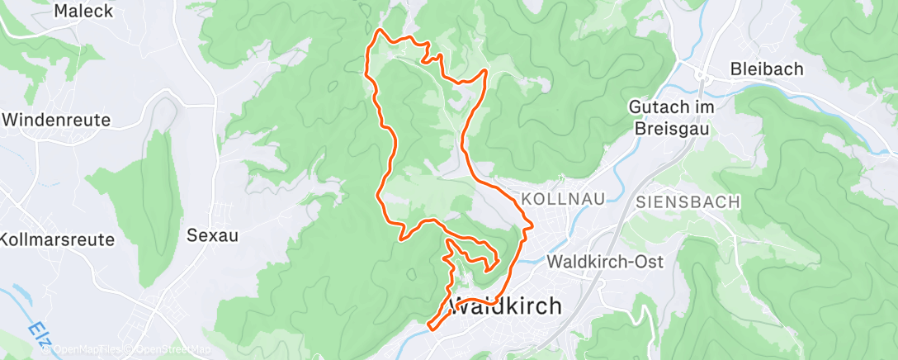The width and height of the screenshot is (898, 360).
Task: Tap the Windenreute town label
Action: point(56,120)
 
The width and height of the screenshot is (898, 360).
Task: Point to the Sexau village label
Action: point(212,235)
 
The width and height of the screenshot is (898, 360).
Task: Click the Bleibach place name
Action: point(767,69)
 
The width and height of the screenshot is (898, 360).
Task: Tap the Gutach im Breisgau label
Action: point(672,118)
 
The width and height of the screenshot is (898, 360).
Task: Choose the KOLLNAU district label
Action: point(564,199)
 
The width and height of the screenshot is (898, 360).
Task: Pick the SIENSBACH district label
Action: point(688,202)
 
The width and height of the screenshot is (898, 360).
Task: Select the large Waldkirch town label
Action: point(504,306)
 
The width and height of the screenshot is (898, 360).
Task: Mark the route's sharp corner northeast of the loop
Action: point(486,72)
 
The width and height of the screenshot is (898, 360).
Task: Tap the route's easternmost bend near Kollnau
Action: point(532,224)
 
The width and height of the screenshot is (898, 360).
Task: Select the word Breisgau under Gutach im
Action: point(672,129)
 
